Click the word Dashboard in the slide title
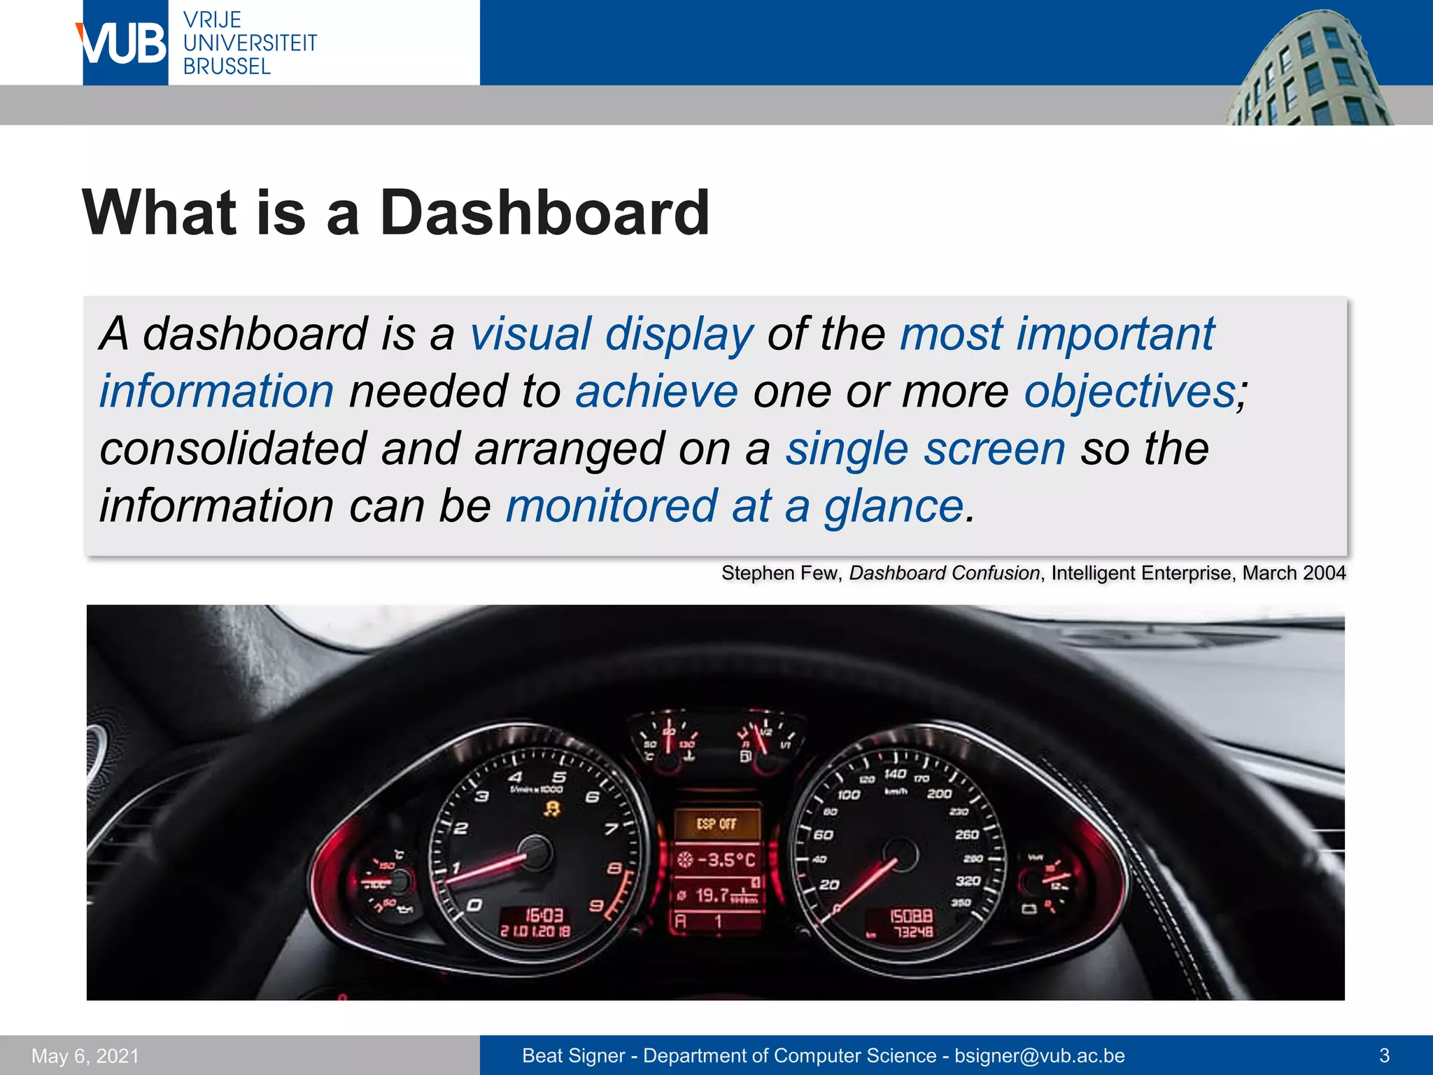(x=544, y=213)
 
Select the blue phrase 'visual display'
(x=611, y=334)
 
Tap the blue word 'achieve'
(x=656, y=391)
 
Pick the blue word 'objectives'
(x=1129, y=391)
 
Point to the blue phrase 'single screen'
(x=925, y=449)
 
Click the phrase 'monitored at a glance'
(x=735, y=506)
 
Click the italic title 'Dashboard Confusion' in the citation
(x=944, y=573)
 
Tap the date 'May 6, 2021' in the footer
(x=85, y=1055)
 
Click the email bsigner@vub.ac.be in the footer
(x=1039, y=1055)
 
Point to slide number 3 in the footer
(x=1383, y=1055)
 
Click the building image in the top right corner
(x=1308, y=70)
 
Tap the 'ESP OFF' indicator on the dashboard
(x=716, y=824)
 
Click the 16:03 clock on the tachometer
(x=544, y=915)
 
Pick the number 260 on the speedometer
(x=966, y=834)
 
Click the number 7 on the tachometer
(x=611, y=829)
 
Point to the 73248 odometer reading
(x=912, y=932)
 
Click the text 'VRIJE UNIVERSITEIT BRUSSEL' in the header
(x=249, y=43)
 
